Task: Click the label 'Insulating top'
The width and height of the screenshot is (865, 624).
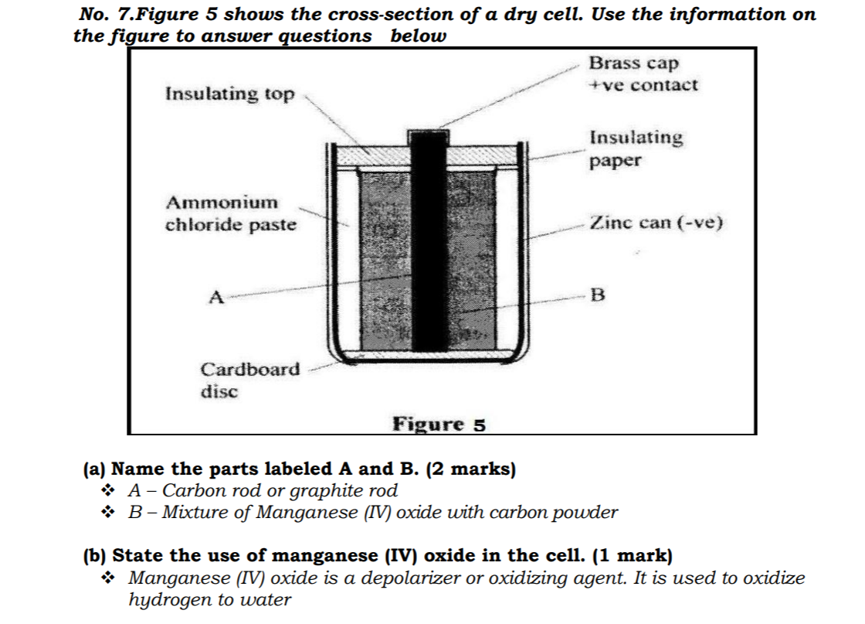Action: point(229,94)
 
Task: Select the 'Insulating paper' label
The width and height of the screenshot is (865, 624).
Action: point(636,148)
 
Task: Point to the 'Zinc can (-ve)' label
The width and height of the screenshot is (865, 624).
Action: point(656,223)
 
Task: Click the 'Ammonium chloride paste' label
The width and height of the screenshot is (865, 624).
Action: point(231,214)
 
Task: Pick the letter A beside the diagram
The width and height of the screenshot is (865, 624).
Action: point(216,296)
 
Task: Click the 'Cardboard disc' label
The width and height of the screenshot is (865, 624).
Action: point(249,380)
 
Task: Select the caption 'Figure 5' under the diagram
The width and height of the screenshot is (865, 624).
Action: point(439,425)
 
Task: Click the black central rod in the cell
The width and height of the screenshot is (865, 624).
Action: point(429,255)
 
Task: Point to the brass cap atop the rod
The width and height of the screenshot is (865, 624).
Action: point(429,136)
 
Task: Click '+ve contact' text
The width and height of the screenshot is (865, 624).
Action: point(643,85)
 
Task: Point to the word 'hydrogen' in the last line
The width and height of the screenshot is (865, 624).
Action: point(164,599)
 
